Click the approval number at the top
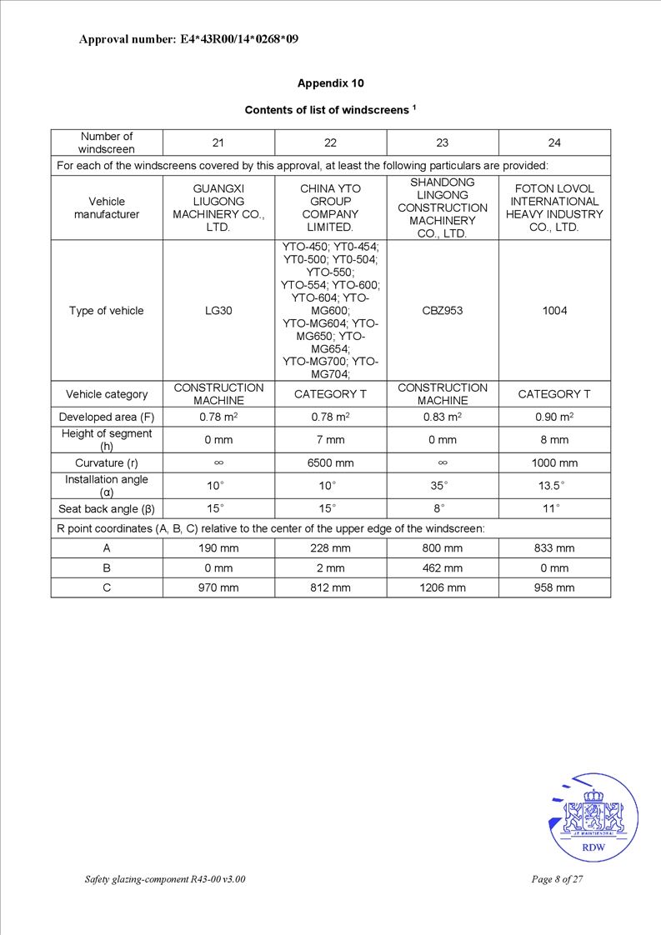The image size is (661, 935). [188, 39]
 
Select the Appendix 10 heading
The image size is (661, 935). [330, 83]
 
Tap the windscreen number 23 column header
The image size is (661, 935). [443, 142]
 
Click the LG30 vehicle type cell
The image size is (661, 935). [218, 311]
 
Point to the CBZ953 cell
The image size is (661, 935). [443, 311]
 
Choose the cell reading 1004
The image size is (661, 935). [554, 311]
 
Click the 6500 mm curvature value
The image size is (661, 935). [330, 462]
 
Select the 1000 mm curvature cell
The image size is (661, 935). [554, 462]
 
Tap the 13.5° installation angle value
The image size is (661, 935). [554, 486]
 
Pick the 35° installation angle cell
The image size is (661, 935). [443, 486]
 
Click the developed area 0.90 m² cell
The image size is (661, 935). [554, 417]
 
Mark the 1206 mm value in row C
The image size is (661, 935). [443, 587]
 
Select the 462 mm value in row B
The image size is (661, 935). [443, 568]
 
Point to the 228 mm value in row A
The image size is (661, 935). [330, 548]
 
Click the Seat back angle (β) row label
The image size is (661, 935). [107, 508]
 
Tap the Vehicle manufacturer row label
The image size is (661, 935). [107, 207]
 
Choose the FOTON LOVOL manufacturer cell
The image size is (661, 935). [554, 207]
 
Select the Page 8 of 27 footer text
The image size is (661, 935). [557, 879]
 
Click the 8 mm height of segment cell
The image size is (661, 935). [554, 439]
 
